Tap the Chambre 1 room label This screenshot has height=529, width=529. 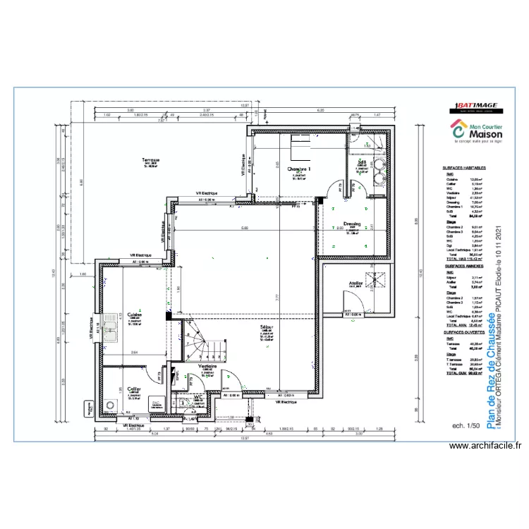click(x=299, y=170)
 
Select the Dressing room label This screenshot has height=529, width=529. click(x=352, y=224)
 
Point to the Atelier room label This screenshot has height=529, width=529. click(x=355, y=284)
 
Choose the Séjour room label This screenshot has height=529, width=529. click(x=267, y=328)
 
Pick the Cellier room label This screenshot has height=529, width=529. click(x=133, y=389)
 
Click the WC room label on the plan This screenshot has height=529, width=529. click(x=198, y=397)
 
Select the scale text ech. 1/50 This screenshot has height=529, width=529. click(x=465, y=426)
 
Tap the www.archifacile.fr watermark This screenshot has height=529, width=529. click(x=485, y=446)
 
